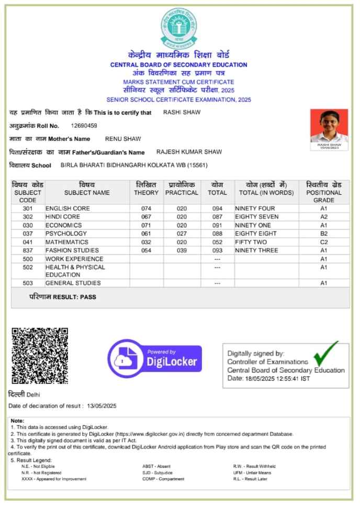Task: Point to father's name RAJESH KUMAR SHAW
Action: (x=189, y=152)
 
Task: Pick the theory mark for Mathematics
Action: (x=146, y=242)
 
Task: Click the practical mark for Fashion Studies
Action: (x=181, y=250)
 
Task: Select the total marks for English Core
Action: (x=217, y=208)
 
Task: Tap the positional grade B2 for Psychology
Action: (x=323, y=234)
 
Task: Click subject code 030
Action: (x=28, y=225)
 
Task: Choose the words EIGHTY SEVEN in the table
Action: (x=257, y=217)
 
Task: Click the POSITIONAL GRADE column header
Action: (x=323, y=192)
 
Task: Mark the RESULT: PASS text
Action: (x=63, y=297)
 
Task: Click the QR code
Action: (x=40, y=356)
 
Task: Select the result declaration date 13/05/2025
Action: (x=102, y=406)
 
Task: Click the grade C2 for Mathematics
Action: (x=323, y=242)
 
